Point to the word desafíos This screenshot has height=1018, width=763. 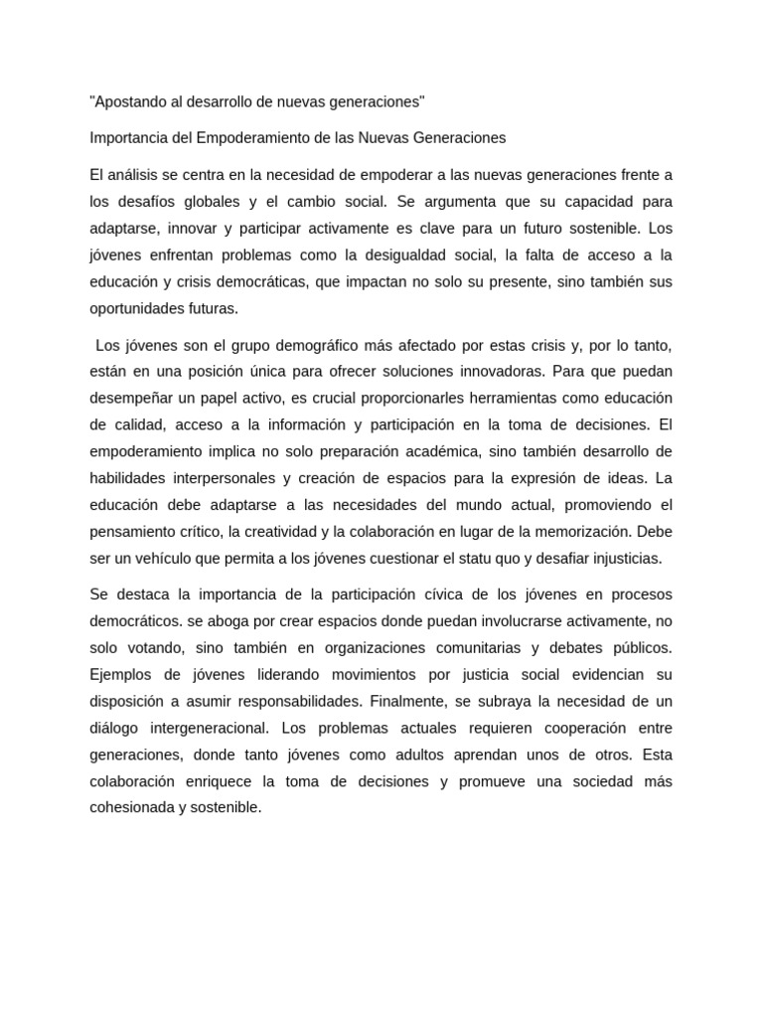(145, 201)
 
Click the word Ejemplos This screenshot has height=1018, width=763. (122, 675)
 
